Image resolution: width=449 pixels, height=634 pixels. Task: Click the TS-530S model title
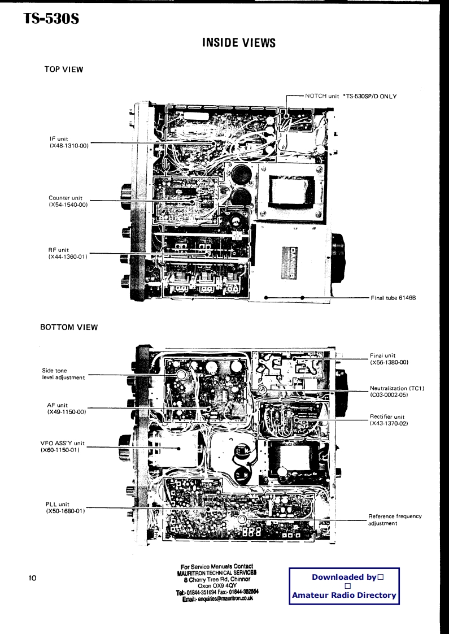[51, 19]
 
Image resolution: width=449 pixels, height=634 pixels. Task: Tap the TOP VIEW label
[64, 70]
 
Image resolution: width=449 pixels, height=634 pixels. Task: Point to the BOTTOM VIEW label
[69, 327]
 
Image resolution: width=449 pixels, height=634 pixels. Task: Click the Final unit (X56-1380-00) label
[389, 358]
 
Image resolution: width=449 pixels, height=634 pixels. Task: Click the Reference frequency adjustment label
[395, 519]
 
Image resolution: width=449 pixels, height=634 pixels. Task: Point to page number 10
[32, 578]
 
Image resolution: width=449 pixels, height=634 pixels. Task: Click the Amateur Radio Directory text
[344, 596]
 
